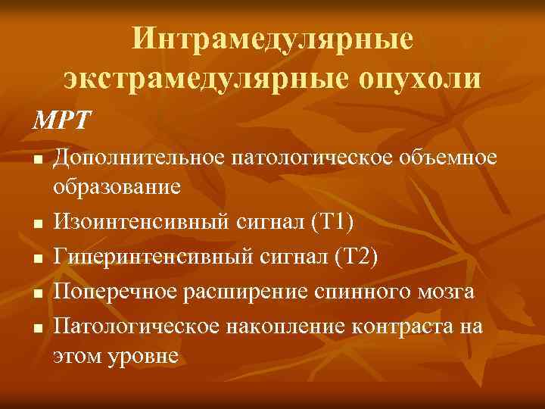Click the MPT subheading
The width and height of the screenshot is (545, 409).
(61, 120)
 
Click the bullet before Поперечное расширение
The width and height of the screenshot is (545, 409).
(36, 293)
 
